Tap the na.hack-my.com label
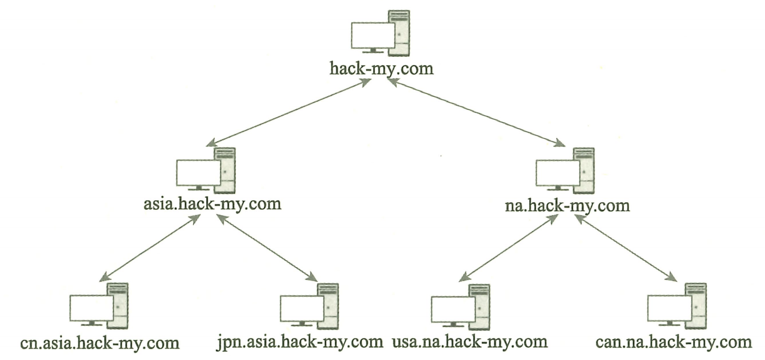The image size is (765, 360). click(567, 206)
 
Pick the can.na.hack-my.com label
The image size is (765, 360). click(673, 343)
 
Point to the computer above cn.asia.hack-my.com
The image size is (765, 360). click(99, 306)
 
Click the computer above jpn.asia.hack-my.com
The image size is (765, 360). click(309, 306)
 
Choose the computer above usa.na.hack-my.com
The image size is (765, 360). click(461, 306)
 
